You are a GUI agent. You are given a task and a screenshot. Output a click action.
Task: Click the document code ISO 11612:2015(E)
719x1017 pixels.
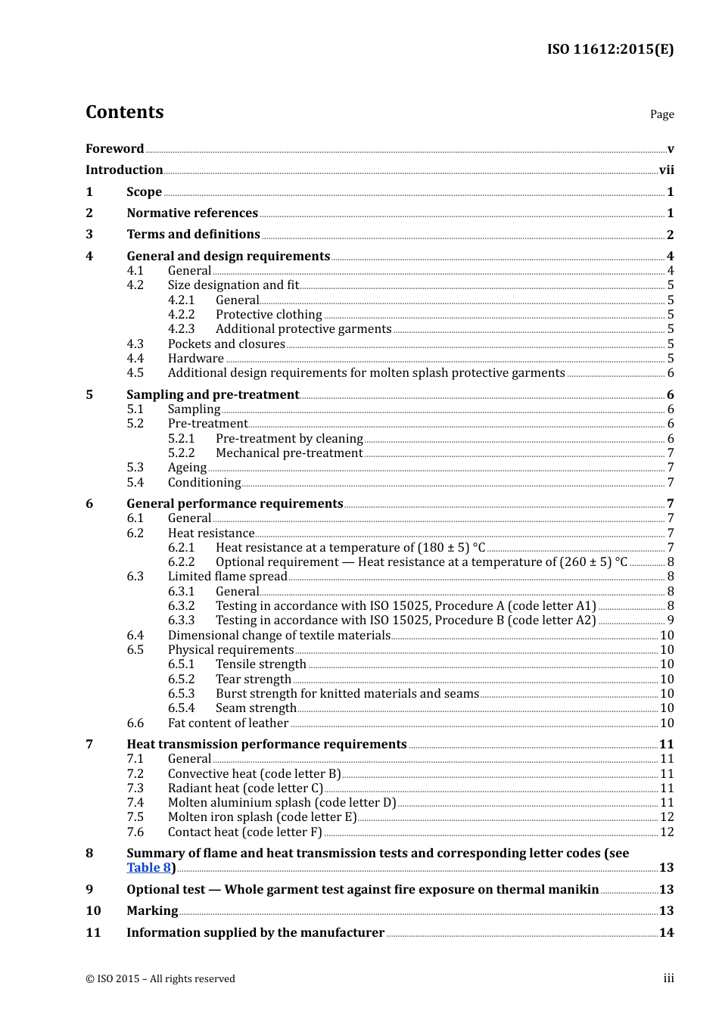(610, 50)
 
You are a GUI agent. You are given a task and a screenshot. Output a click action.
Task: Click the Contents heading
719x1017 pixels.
(124, 112)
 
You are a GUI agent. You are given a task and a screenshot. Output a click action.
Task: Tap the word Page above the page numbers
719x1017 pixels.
(661, 114)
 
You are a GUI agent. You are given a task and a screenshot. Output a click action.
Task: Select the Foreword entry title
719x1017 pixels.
(114, 149)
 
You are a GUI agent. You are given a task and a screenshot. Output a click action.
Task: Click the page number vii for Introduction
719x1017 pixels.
(666, 170)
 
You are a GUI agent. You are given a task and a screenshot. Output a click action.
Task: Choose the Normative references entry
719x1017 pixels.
(192, 213)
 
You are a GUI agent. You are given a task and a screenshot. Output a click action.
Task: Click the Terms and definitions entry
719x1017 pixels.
(193, 235)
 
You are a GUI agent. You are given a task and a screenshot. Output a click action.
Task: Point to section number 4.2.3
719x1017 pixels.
(181, 329)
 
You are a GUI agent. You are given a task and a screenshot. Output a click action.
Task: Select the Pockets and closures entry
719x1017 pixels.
(226, 344)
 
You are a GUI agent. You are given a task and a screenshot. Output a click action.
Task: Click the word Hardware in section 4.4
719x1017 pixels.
(195, 359)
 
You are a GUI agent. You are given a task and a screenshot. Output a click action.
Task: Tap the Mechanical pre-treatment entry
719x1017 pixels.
(289, 453)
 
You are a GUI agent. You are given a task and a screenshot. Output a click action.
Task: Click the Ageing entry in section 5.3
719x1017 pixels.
(187, 468)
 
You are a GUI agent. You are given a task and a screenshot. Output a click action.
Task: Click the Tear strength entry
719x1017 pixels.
(253, 680)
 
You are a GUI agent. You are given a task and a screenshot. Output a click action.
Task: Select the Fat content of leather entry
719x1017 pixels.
(228, 723)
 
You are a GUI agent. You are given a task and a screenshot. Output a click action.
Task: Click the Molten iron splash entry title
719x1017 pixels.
(262, 817)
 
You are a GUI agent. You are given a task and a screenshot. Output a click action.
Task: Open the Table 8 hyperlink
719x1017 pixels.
(148, 868)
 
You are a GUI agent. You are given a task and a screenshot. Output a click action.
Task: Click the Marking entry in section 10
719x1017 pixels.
(152, 911)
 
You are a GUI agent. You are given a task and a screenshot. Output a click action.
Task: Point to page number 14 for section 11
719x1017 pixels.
(666, 933)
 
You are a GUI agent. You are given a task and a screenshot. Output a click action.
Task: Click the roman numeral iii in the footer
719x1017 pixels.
(668, 978)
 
